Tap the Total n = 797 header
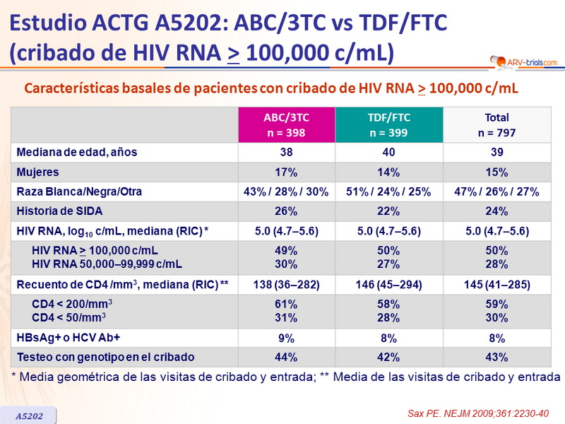point(497,124)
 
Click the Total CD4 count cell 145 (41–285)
point(497,285)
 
